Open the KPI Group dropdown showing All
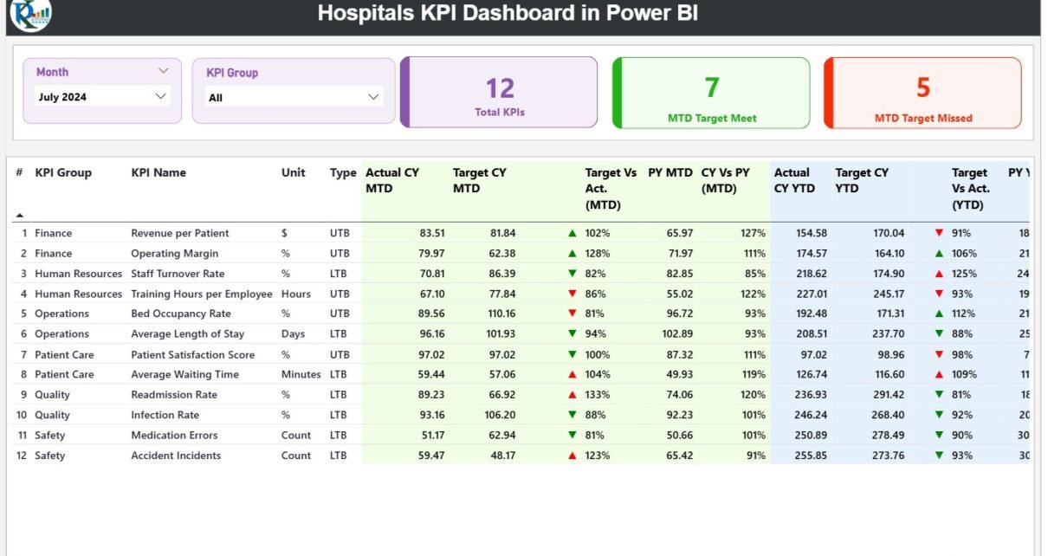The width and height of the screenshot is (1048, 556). click(x=294, y=97)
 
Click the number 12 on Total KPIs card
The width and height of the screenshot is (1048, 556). click(x=500, y=87)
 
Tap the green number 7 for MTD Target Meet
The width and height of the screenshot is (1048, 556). click(x=712, y=87)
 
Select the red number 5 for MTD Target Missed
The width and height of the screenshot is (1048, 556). click(x=923, y=87)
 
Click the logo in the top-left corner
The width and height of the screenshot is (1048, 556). click(x=30, y=14)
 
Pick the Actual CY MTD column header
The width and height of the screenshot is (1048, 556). click(x=392, y=180)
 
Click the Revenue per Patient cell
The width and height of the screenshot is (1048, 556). click(x=180, y=233)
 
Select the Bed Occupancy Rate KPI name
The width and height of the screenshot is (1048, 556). click(x=181, y=314)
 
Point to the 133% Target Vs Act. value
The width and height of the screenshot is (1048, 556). click(x=598, y=395)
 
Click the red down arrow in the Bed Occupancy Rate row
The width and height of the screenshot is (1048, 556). click(x=572, y=314)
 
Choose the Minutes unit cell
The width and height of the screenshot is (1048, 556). click(x=301, y=375)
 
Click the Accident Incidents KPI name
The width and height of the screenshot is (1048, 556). click(x=176, y=456)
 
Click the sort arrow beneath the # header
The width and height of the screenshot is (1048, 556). click(x=20, y=215)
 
